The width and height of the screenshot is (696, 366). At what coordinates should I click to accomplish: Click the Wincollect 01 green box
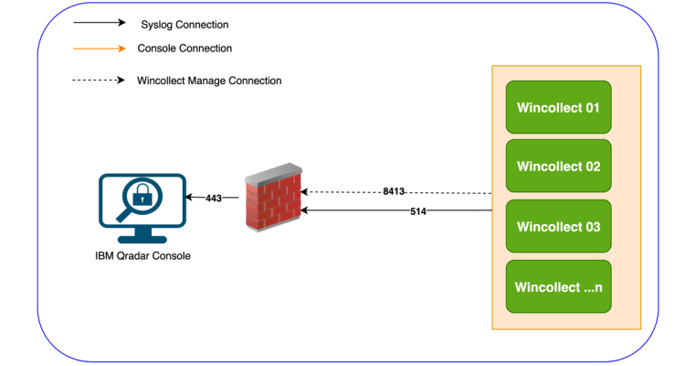[x=558, y=107]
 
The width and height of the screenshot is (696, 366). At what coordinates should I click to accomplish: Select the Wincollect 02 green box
[x=558, y=167]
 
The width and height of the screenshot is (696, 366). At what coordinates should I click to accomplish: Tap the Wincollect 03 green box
[x=558, y=226]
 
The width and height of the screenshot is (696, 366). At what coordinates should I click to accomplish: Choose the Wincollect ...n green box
[x=558, y=286]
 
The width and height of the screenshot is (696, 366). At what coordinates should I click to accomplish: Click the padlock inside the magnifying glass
[x=142, y=196]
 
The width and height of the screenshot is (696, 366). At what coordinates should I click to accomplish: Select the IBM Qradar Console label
[x=142, y=256]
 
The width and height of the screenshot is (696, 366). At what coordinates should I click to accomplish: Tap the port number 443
[x=214, y=198]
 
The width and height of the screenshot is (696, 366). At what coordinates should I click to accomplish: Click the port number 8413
[x=394, y=192]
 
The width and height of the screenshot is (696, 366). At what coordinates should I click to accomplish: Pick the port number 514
[x=418, y=210]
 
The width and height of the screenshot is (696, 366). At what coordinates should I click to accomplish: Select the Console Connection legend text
[x=185, y=48]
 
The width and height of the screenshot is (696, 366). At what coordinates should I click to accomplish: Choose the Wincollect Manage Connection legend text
[x=209, y=81]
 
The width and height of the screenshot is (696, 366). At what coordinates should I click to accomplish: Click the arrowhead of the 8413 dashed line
[x=306, y=192]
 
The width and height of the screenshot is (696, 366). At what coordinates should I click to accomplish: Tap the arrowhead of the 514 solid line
[x=306, y=210]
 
